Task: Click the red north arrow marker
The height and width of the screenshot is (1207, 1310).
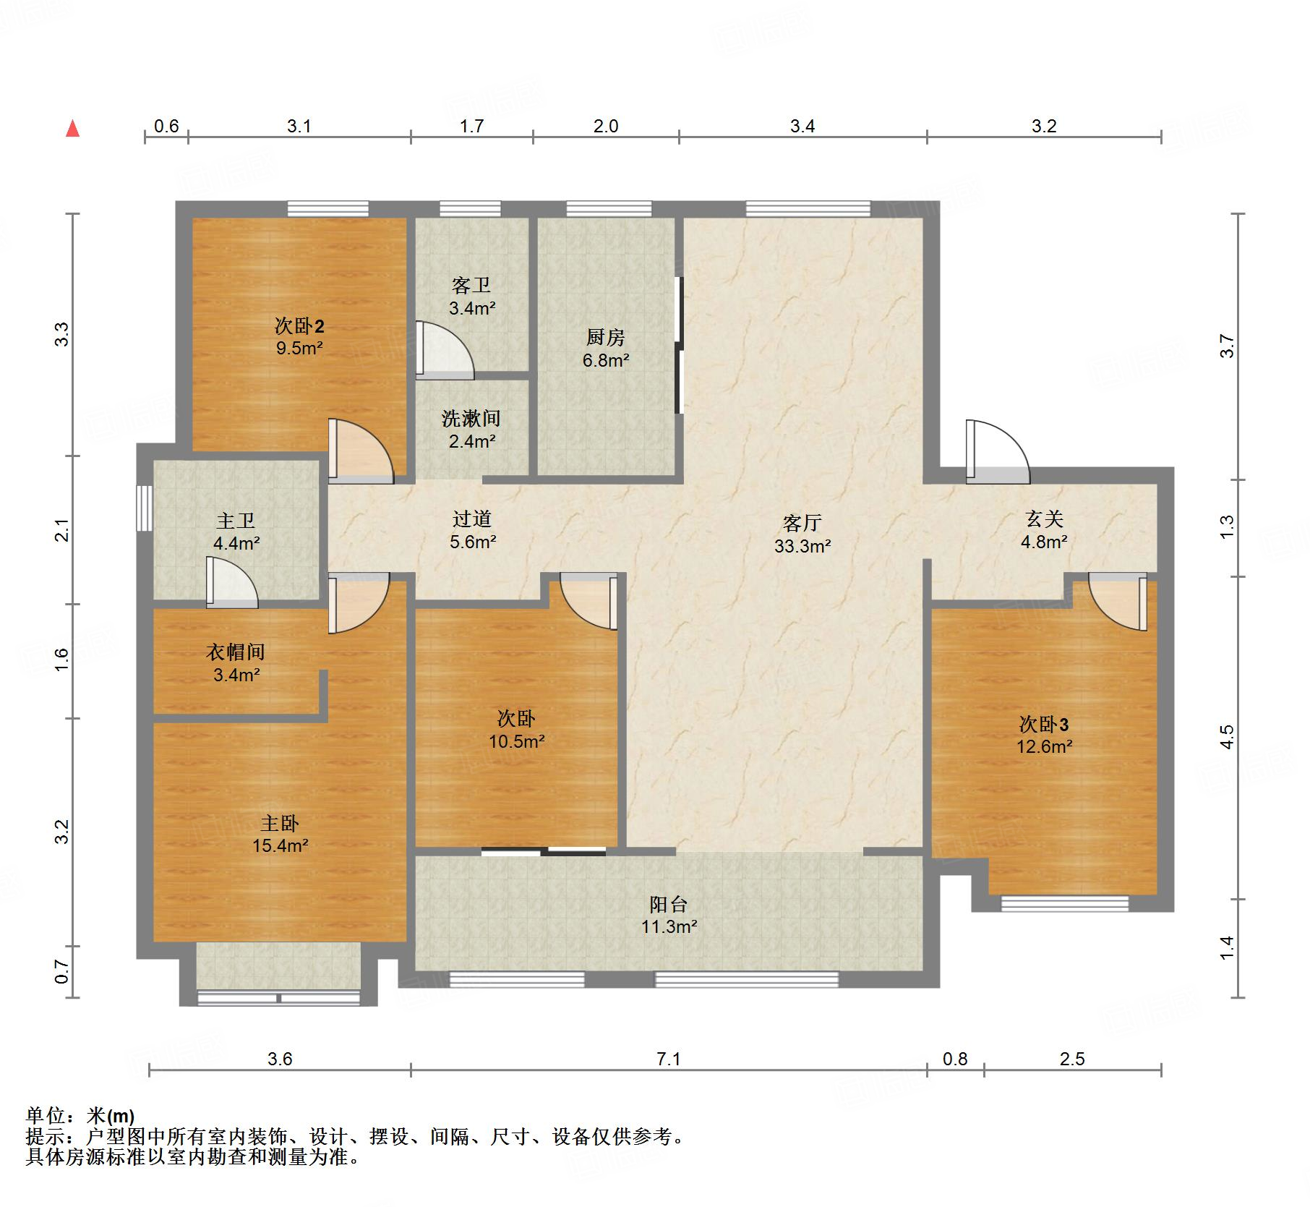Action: point(72,129)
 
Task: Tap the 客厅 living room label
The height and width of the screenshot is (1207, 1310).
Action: point(802,522)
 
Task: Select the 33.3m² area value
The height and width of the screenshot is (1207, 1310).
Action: point(802,546)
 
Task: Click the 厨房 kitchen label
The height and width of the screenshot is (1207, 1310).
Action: point(605,337)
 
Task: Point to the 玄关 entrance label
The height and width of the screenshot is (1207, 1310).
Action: point(1044,519)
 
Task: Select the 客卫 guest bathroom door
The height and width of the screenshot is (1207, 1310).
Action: point(445,350)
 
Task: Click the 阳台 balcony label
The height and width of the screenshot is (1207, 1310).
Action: point(668,904)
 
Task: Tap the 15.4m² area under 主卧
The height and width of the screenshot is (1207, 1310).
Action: point(281,845)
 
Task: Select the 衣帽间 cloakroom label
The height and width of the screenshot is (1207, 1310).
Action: point(236,652)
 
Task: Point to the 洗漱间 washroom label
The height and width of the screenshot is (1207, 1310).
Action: point(471,418)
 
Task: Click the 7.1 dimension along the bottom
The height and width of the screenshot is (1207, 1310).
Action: point(669,1059)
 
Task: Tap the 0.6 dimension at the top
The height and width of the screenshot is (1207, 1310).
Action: point(166,127)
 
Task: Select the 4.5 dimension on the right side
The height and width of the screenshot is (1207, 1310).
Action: point(1227,737)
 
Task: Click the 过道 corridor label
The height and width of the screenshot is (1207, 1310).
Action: point(472,519)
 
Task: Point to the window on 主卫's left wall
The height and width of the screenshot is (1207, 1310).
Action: point(145,508)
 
